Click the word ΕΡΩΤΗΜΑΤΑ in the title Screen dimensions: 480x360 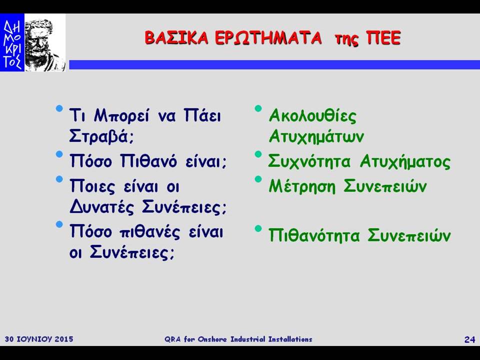tap(268, 38)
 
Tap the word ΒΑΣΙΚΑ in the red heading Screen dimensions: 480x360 tap(176, 38)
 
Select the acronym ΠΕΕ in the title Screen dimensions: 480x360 tap(383, 38)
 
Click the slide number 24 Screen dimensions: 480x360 tap(469, 339)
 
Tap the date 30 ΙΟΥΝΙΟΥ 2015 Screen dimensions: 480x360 tap(39, 339)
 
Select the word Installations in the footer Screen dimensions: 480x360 tap(290, 339)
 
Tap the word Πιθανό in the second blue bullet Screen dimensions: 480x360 tap(149, 160)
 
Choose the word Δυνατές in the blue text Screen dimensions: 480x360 tap(102, 206)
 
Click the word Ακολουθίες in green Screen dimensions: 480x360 tap(312, 116)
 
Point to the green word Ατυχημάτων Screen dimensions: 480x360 tap(316, 136)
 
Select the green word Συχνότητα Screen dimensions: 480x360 tap(309, 161)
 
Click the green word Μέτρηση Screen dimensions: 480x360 tap(302, 186)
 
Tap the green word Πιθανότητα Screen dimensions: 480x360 tap(314, 235)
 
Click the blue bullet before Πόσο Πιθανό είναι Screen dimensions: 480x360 tap(59, 154)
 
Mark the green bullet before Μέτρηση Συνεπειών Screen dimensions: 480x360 tap(258, 179)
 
